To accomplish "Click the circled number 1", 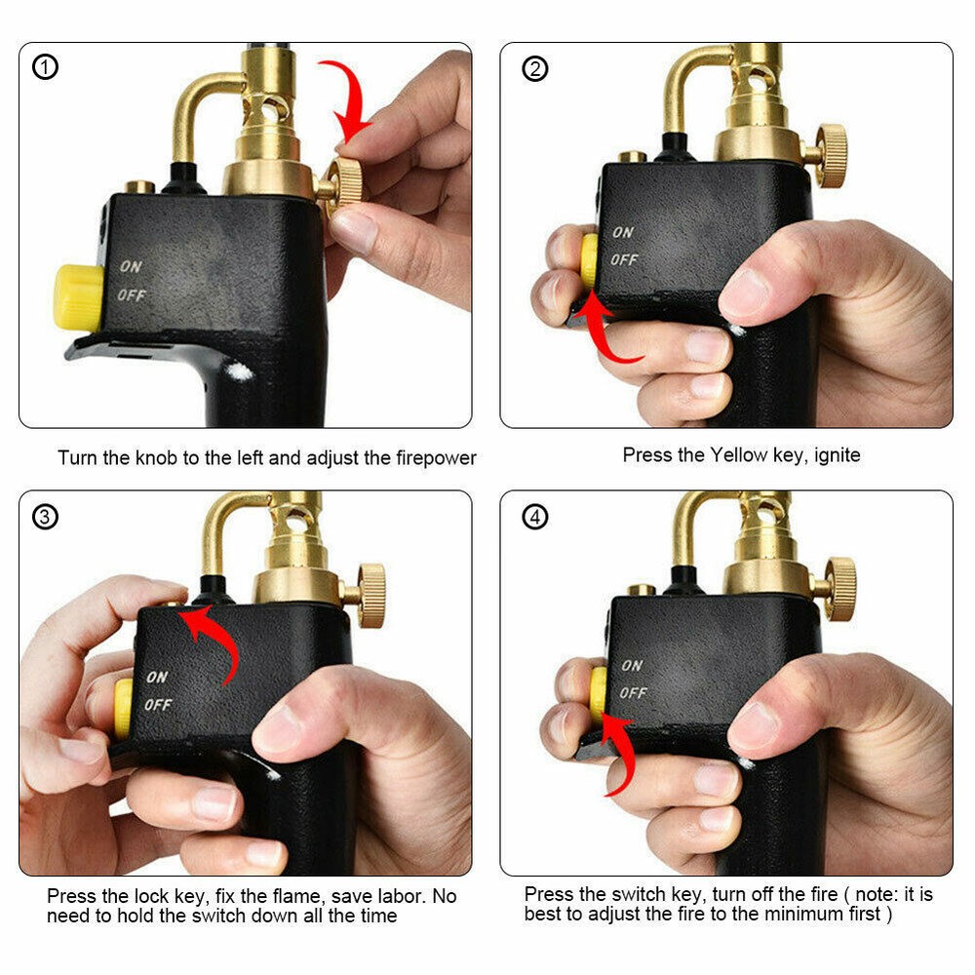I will click(x=46, y=67).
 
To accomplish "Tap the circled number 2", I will click(x=534, y=68).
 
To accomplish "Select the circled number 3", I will click(x=46, y=517).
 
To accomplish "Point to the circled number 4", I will click(x=534, y=517).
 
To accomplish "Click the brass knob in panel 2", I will click(x=831, y=155).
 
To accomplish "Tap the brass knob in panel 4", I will click(x=839, y=589).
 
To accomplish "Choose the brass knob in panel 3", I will click(x=370, y=595).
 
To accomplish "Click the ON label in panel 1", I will click(x=130, y=265).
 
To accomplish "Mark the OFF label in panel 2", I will click(x=624, y=260).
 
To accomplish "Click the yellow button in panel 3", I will click(x=123, y=708).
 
